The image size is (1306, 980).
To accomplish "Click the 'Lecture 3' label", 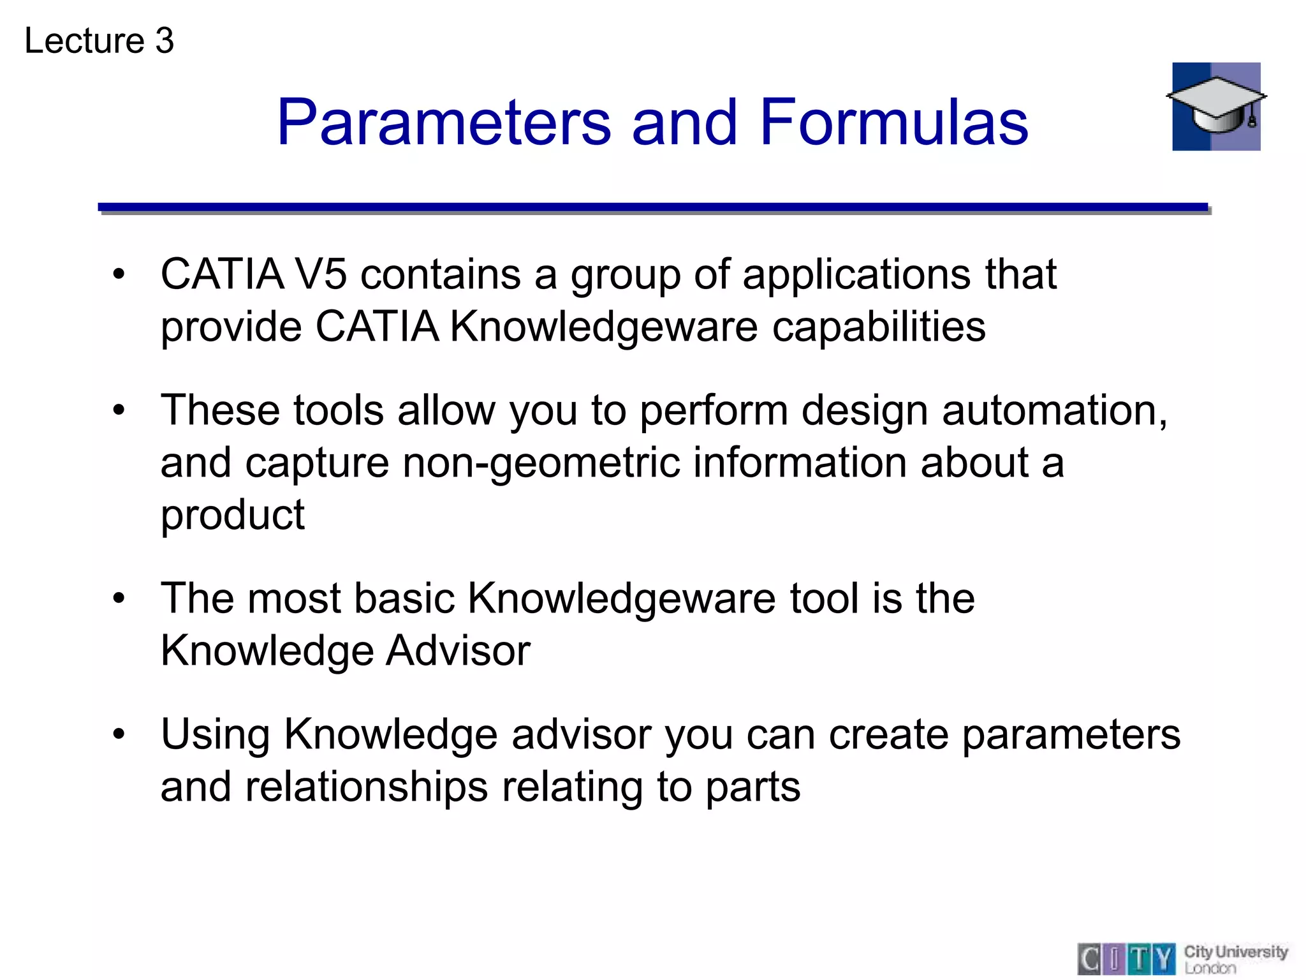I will tap(99, 41).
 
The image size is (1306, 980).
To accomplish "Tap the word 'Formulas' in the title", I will tap(893, 122).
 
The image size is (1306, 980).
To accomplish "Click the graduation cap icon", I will tap(1215, 107).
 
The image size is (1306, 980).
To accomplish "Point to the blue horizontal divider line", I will tap(652, 207).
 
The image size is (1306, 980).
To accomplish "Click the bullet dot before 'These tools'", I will tap(119, 410).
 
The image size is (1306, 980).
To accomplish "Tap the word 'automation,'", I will tap(1055, 410).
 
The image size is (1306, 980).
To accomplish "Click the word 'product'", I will tap(232, 516).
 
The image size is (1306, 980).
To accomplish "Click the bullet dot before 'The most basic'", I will tap(119, 598).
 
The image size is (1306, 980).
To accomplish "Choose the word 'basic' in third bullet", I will tap(404, 598).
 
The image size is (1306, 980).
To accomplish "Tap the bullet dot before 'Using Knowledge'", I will tap(119, 734).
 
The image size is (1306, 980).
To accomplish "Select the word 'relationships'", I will tap(367, 787).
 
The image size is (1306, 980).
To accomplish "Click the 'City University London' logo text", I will tap(1235, 959).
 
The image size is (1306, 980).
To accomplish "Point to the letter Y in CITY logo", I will tap(1164, 959).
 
